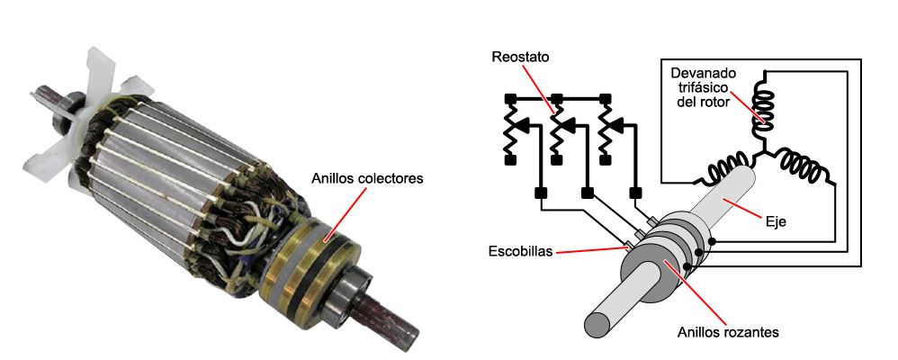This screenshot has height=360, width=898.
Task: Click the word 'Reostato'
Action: coord(519,57)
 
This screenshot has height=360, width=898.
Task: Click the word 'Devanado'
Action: coord(698,71)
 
